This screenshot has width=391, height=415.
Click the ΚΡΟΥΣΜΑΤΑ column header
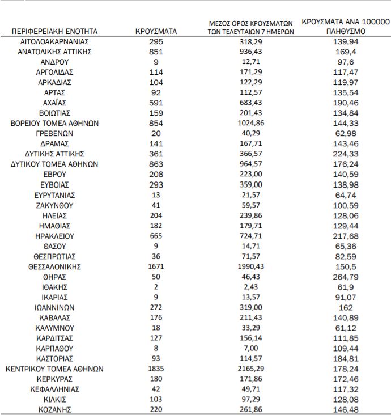[156, 32]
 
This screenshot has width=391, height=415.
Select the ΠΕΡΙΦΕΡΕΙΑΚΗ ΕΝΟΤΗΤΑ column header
[55, 32]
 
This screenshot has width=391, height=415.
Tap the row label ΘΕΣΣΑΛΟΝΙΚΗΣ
[55, 266]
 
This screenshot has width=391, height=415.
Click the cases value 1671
[156, 266]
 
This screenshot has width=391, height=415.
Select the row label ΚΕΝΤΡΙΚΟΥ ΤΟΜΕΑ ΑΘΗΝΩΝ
[55, 369]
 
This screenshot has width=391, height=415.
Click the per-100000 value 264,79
[345, 277]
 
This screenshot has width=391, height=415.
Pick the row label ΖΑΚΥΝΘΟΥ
[55, 205]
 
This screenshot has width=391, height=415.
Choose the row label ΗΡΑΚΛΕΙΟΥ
[55, 236]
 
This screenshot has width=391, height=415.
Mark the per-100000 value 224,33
[345, 154]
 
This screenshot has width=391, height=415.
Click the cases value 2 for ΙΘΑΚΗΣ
[156, 287]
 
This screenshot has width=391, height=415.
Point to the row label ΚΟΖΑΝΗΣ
[55, 409]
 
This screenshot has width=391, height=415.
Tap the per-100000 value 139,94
[345, 42]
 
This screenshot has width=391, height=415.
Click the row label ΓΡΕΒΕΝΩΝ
[55, 134]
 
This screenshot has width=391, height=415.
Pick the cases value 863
[156, 164]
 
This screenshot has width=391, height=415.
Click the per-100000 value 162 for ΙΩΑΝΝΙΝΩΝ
[345, 307]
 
